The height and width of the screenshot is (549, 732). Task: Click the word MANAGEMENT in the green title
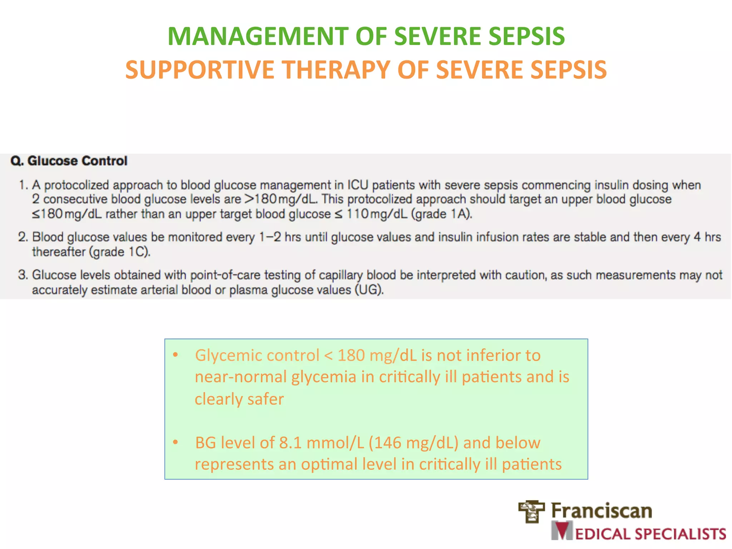tap(258, 36)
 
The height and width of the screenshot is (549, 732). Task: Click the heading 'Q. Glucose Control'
tap(69, 161)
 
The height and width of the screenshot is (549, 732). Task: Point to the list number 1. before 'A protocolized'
tap(23, 185)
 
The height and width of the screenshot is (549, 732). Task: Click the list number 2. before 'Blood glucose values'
tap(23, 237)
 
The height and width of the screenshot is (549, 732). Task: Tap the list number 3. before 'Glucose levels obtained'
tap(23, 275)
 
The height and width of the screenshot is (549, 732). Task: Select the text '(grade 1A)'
tap(442, 214)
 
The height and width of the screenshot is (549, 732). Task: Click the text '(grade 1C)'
tap(120, 252)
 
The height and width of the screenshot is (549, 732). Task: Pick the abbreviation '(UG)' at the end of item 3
tap(369, 290)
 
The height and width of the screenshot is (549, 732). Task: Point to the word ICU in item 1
tap(358, 185)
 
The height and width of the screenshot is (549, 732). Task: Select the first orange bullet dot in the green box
tap(175, 355)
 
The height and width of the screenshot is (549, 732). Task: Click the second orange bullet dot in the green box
tap(175, 442)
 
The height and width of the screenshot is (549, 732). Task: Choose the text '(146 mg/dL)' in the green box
tap(414, 443)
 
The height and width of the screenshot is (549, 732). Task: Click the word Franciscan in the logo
tap(602, 510)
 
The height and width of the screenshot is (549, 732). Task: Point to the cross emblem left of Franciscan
tap(531, 511)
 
